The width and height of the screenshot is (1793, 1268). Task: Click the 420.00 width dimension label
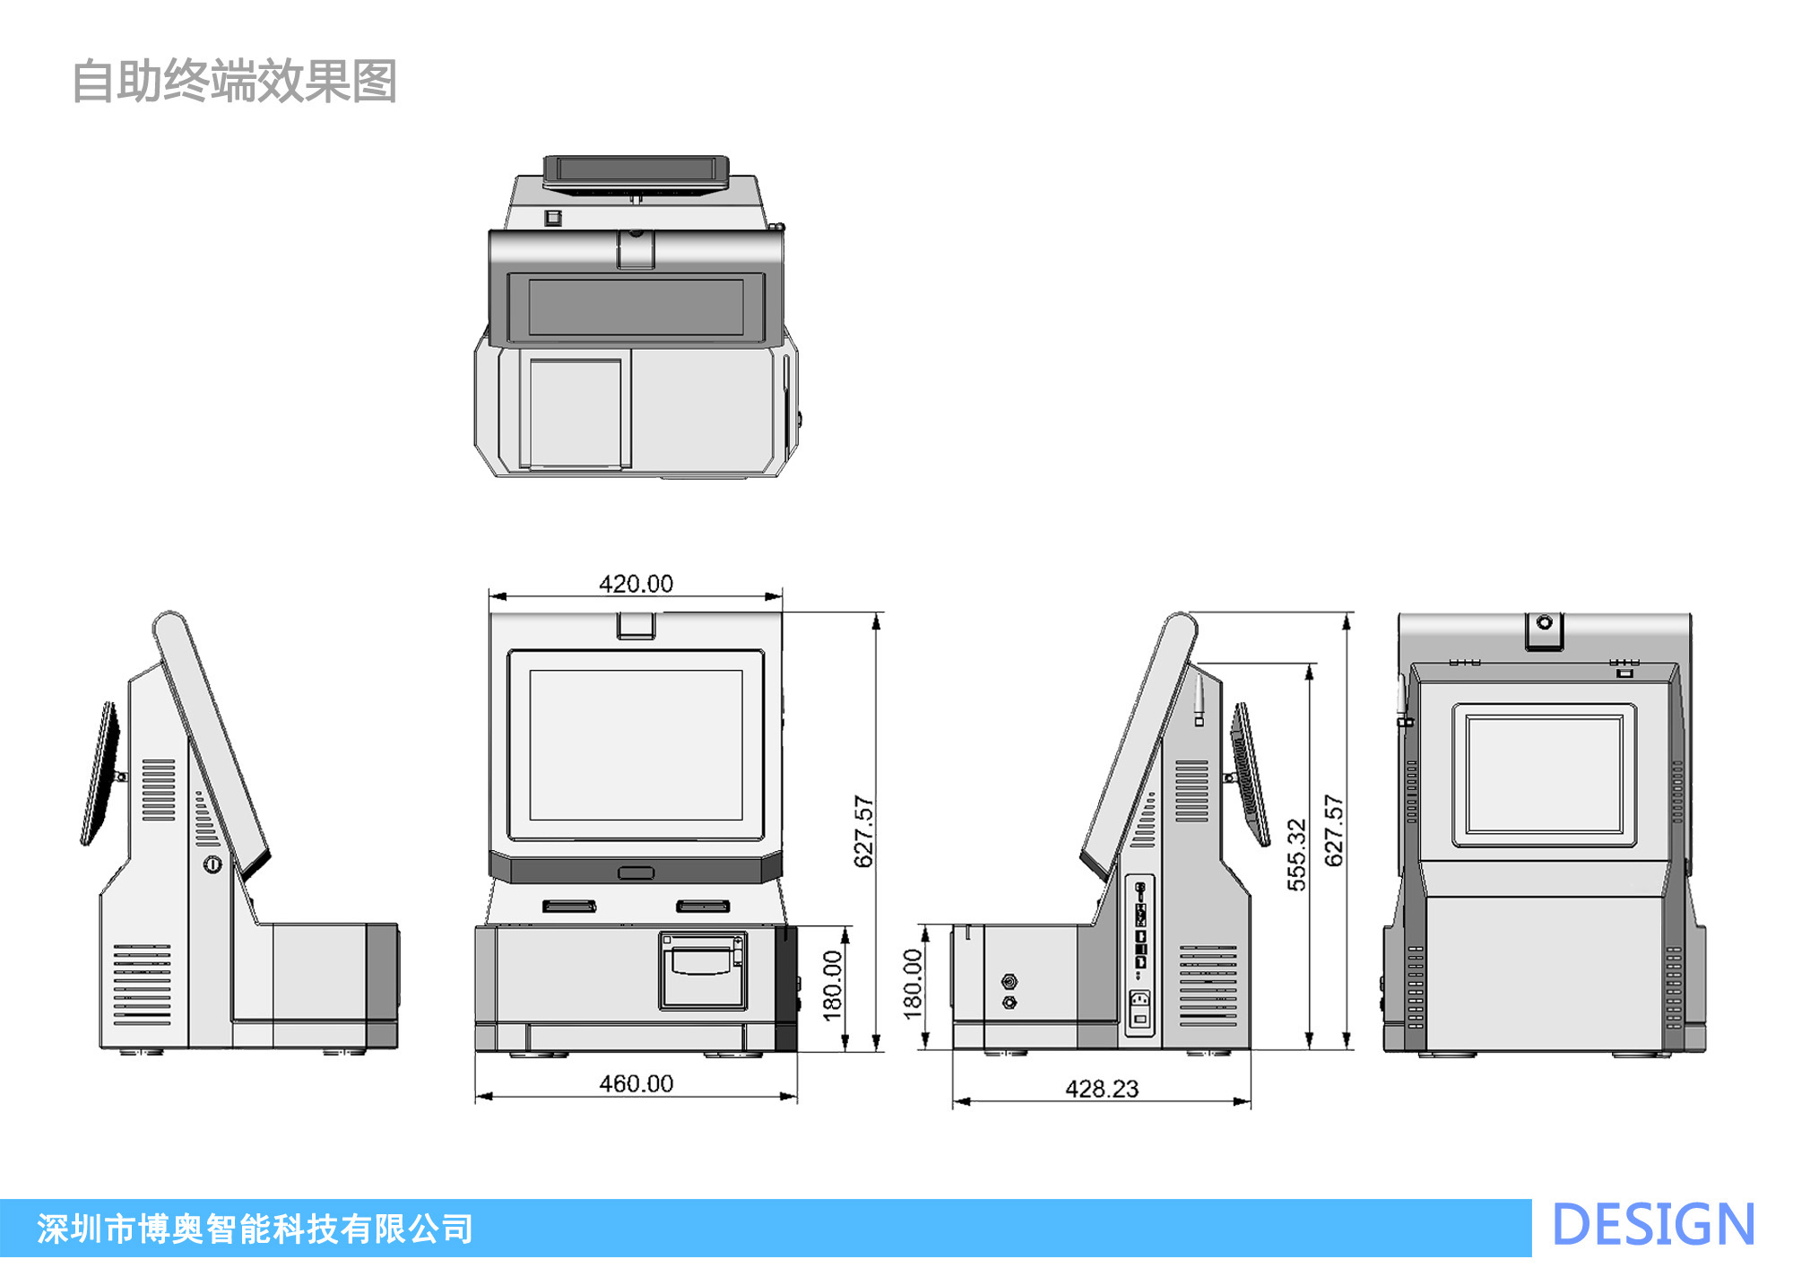(636, 584)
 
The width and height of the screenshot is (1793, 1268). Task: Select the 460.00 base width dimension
(636, 1084)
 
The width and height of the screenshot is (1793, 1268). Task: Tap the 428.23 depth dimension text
(1102, 1089)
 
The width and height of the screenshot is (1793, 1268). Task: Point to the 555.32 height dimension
(1296, 855)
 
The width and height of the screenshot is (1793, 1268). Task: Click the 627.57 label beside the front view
(863, 831)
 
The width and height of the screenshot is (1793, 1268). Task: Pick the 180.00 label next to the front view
(833, 986)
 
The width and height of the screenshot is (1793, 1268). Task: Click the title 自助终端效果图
(234, 82)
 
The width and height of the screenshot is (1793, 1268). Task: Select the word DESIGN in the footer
(1652, 1226)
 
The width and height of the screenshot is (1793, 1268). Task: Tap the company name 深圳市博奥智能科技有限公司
(256, 1229)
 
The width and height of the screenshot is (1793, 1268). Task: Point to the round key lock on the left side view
(212, 864)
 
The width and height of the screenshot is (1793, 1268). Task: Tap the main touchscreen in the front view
(636, 744)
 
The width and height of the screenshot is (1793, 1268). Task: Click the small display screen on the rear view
(1544, 776)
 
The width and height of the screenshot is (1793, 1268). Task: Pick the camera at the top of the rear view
(1544, 623)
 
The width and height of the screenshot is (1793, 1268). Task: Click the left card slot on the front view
(569, 906)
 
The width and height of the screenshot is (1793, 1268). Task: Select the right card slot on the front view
(703, 906)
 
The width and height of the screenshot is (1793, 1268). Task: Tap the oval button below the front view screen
(636, 873)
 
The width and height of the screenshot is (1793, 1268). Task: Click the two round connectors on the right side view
(1009, 992)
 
